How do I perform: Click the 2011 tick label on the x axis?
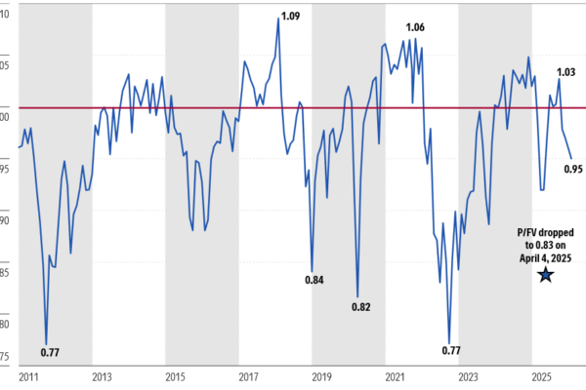pos(29,376)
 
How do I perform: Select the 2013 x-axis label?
pos(102,376)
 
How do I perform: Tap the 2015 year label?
pos(175,376)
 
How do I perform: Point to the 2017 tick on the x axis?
pos(248,376)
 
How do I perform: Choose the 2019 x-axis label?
pos(321,376)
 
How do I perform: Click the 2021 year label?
pos(395,376)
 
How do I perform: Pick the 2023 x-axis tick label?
pos(468,376)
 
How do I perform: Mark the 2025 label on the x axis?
pos(541,376)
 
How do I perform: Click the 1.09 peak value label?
pos(291,15)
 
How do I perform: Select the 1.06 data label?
pos(415,26)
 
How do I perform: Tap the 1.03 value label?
pos(565,71)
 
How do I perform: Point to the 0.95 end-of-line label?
pos(573,168)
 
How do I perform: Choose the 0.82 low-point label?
pos(360,307)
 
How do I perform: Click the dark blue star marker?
pos(545,275)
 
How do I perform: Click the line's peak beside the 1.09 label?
pos(278,19)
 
